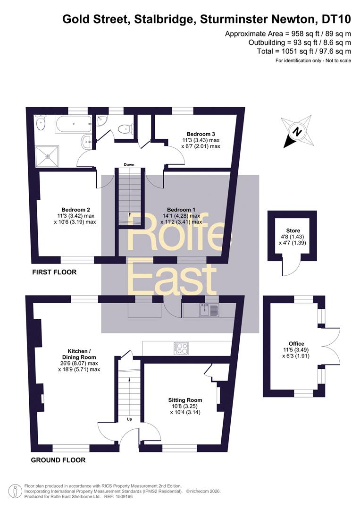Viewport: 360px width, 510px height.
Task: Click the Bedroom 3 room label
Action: tap(201, 134)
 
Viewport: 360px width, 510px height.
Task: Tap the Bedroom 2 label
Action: tap(75, 210)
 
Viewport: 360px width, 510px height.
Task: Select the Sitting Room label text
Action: tap(185, 400)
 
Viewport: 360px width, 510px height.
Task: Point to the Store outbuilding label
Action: tap(293, 230)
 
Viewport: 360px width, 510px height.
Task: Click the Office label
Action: tap(296, 344)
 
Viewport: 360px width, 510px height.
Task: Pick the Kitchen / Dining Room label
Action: tap(79, 354)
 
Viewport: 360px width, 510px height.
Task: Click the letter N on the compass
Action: tap(297, 132)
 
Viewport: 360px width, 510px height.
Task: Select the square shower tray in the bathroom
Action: tap(48, 156)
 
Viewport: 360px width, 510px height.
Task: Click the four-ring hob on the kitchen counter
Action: tap(182, 348)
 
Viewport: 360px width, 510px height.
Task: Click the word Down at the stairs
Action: tap(129, 165)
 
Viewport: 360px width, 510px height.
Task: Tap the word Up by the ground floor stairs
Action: tap(129, 419)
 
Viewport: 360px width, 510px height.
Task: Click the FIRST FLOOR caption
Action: tap(54, 272)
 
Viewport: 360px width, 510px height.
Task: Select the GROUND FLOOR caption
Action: tap(58, 460)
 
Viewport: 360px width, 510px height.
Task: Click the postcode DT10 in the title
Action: tap(336, 19)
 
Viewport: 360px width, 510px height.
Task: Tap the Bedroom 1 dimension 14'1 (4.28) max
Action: tap(181, 216)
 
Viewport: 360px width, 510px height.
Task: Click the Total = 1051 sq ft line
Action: tap(304, 51)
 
